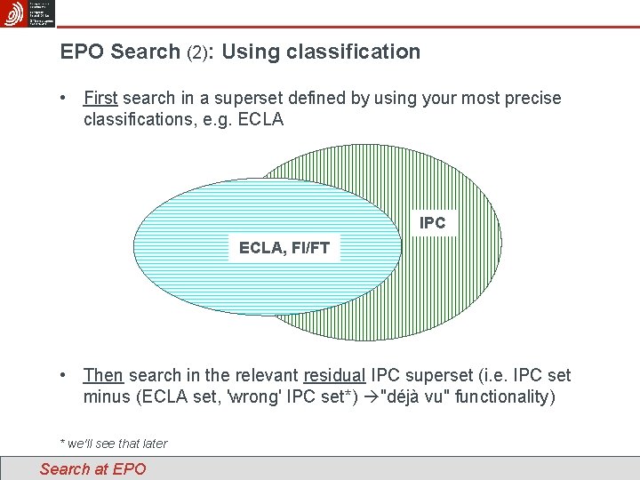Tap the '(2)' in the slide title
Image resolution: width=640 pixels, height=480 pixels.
198,52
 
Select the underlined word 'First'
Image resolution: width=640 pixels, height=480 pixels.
100,98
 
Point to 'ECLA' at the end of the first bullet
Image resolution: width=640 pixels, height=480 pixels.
259,119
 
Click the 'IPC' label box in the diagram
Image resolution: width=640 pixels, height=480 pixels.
433,222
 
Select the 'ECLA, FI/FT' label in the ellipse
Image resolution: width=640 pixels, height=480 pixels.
284,248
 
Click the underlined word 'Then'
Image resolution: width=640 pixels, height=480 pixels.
102,375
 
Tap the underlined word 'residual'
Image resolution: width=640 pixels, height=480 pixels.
334,375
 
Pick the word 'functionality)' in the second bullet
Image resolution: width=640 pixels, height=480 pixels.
504,396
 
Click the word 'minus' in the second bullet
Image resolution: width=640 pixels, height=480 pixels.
106,396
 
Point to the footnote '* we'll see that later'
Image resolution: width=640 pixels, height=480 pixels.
113,444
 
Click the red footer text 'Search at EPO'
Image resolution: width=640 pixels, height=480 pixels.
92,468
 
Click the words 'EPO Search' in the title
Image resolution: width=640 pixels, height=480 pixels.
120,52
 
